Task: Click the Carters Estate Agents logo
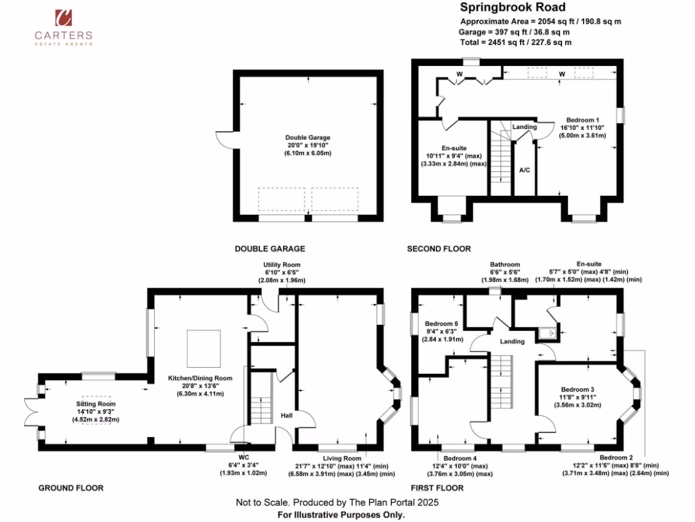[64, 27]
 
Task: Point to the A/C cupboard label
[524, 171]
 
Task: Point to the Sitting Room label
[95, 411]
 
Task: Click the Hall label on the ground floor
[286, 415]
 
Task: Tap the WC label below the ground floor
[244, 465]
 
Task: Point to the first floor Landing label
[512, 341]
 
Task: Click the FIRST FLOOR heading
[436, 488]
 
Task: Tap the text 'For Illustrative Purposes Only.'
[341, 515]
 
